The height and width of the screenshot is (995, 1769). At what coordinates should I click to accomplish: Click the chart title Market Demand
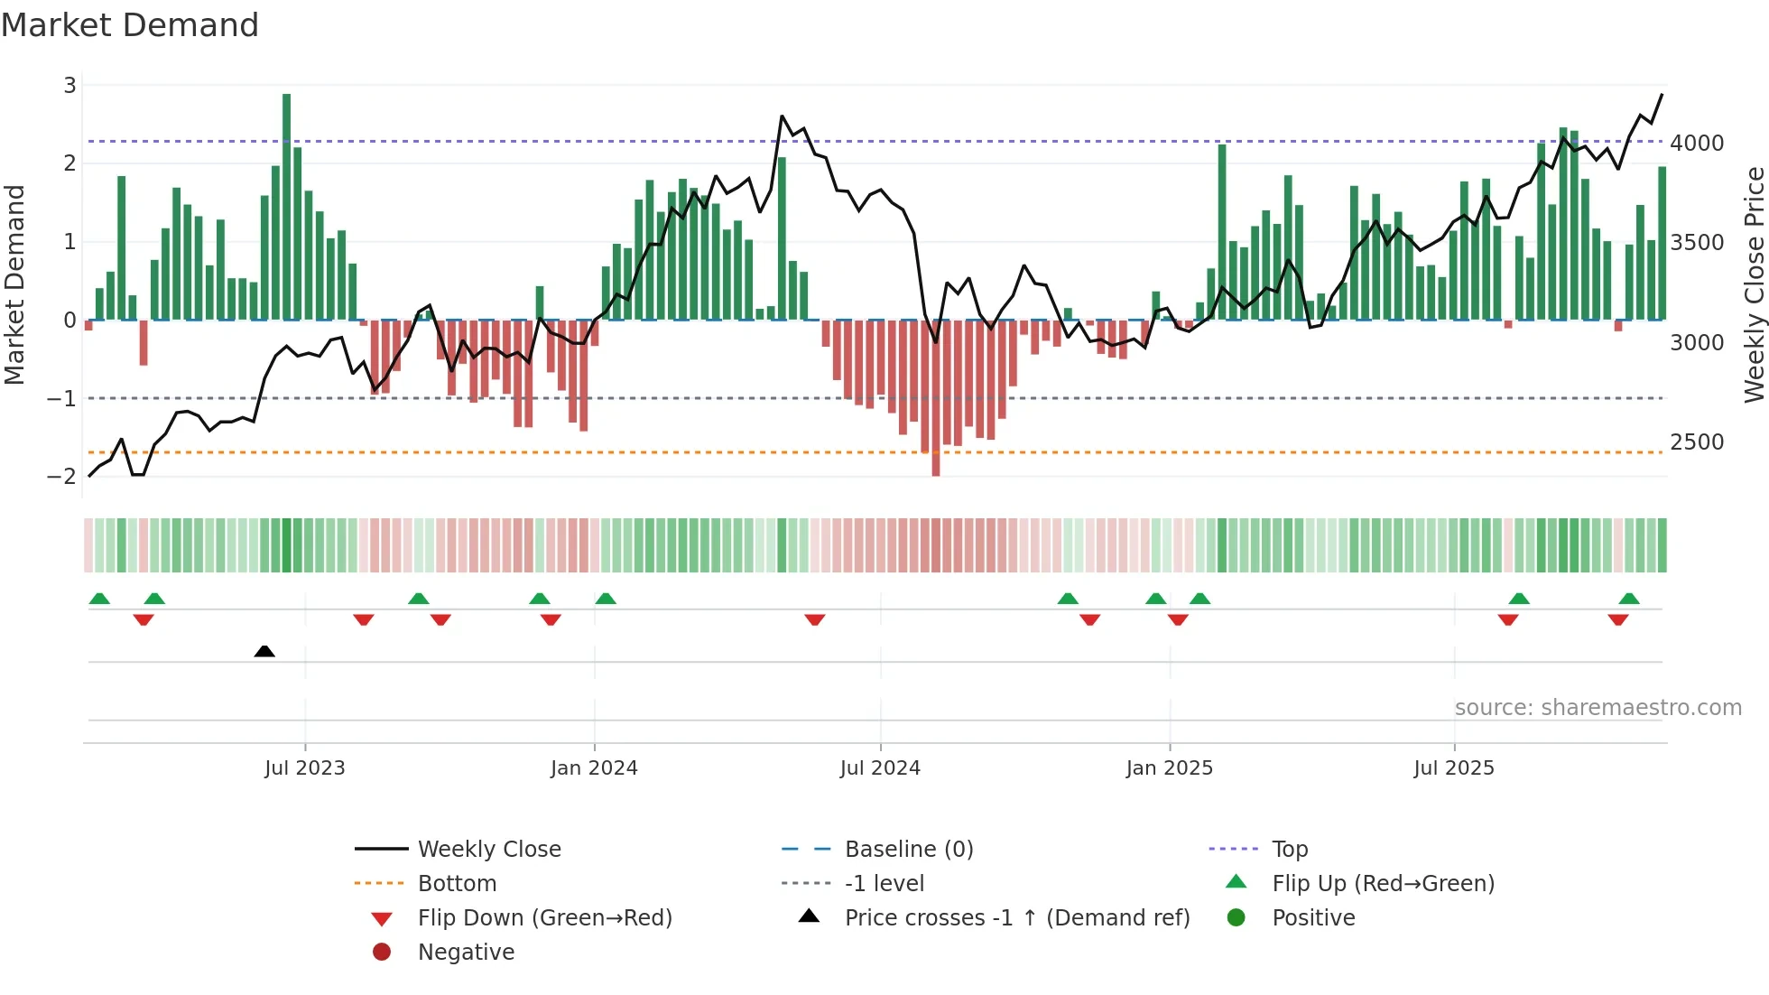(130, 25)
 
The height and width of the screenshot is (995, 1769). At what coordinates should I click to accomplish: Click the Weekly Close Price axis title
(1754, 284)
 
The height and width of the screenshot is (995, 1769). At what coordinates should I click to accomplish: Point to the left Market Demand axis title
(14, 284)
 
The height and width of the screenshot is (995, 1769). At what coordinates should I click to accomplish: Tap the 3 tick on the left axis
(69, 86)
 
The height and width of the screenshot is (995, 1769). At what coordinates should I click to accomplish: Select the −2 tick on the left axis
(62, 477)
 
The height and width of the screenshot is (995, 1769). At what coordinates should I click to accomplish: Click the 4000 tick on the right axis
(1696, 144)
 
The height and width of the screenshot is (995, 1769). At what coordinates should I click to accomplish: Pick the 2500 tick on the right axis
(1696, 442)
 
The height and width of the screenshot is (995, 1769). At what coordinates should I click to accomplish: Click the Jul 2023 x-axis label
(304, 768)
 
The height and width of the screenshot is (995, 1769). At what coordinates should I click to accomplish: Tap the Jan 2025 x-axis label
(1169, 768)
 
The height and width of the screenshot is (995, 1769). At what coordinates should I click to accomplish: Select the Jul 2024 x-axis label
(880, 768)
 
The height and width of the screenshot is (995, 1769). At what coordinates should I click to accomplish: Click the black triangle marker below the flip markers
(264, 651)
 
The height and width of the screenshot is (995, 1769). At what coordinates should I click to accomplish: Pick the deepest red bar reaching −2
(936, 397)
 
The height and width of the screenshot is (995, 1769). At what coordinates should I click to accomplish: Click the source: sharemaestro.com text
(1598, 708)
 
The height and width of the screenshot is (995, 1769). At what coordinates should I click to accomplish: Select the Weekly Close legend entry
(488, 850)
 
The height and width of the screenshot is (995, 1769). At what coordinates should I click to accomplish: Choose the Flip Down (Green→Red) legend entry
(544, 918)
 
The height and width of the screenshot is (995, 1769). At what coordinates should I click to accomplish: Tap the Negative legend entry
(466, 953)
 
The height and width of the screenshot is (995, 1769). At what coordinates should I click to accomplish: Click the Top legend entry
(1289, 850)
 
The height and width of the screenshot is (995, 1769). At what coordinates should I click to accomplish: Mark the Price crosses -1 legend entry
(1016, 918)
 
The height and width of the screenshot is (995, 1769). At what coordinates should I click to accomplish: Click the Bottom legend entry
(457, 884)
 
